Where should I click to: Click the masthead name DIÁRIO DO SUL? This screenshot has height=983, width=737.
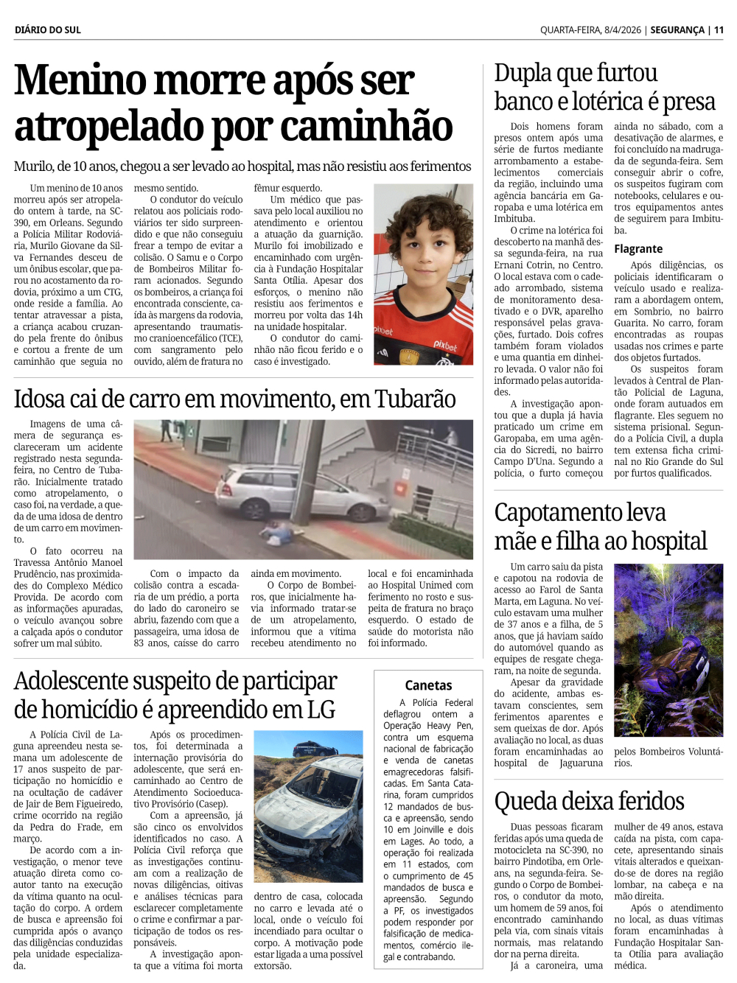pyautogui.click(x=48, y=29)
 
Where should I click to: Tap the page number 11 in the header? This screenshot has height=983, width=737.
pyautogui.click(x=719, y=29)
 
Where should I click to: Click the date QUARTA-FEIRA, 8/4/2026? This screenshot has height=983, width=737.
pyautogui.click(x=590, y=29)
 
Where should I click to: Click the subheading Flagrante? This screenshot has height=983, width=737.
pyautogui.click(x=638, y=249)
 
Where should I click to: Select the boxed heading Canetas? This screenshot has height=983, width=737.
pyautogui.click(x=428, y=685)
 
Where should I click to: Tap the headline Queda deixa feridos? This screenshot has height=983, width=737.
pyautogui.click(x=589, y=801)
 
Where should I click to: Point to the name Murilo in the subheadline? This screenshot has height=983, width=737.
pyautogui.click(x=33, y=167)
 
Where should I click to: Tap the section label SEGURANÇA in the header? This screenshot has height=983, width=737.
pyautogui.click(x=677, y=29)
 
